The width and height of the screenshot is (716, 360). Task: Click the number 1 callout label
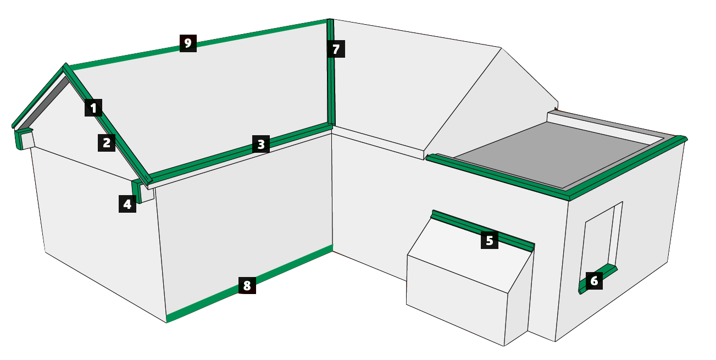[93, 108]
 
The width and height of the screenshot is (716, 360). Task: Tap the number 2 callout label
[107, 142]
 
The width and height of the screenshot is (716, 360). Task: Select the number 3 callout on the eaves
[261, 144]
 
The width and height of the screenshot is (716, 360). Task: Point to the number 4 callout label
[127, 204]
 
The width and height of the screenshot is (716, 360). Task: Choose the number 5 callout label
[490, 240]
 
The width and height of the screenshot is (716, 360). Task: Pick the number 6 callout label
[594, 281]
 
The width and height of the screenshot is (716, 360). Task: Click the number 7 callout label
[336, 49]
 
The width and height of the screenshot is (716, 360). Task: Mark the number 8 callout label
[247, 285]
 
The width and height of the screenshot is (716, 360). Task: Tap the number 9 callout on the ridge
[188, 43]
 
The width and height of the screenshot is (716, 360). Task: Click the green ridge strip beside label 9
[198, 44]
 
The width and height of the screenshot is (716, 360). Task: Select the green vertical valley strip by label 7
[330, 72]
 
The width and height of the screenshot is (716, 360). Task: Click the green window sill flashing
[598, 279]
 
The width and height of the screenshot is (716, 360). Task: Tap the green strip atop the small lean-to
[482, 230]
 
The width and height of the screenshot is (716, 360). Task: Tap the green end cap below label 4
[136, 191]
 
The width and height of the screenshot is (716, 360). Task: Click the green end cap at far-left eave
[20, 139]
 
